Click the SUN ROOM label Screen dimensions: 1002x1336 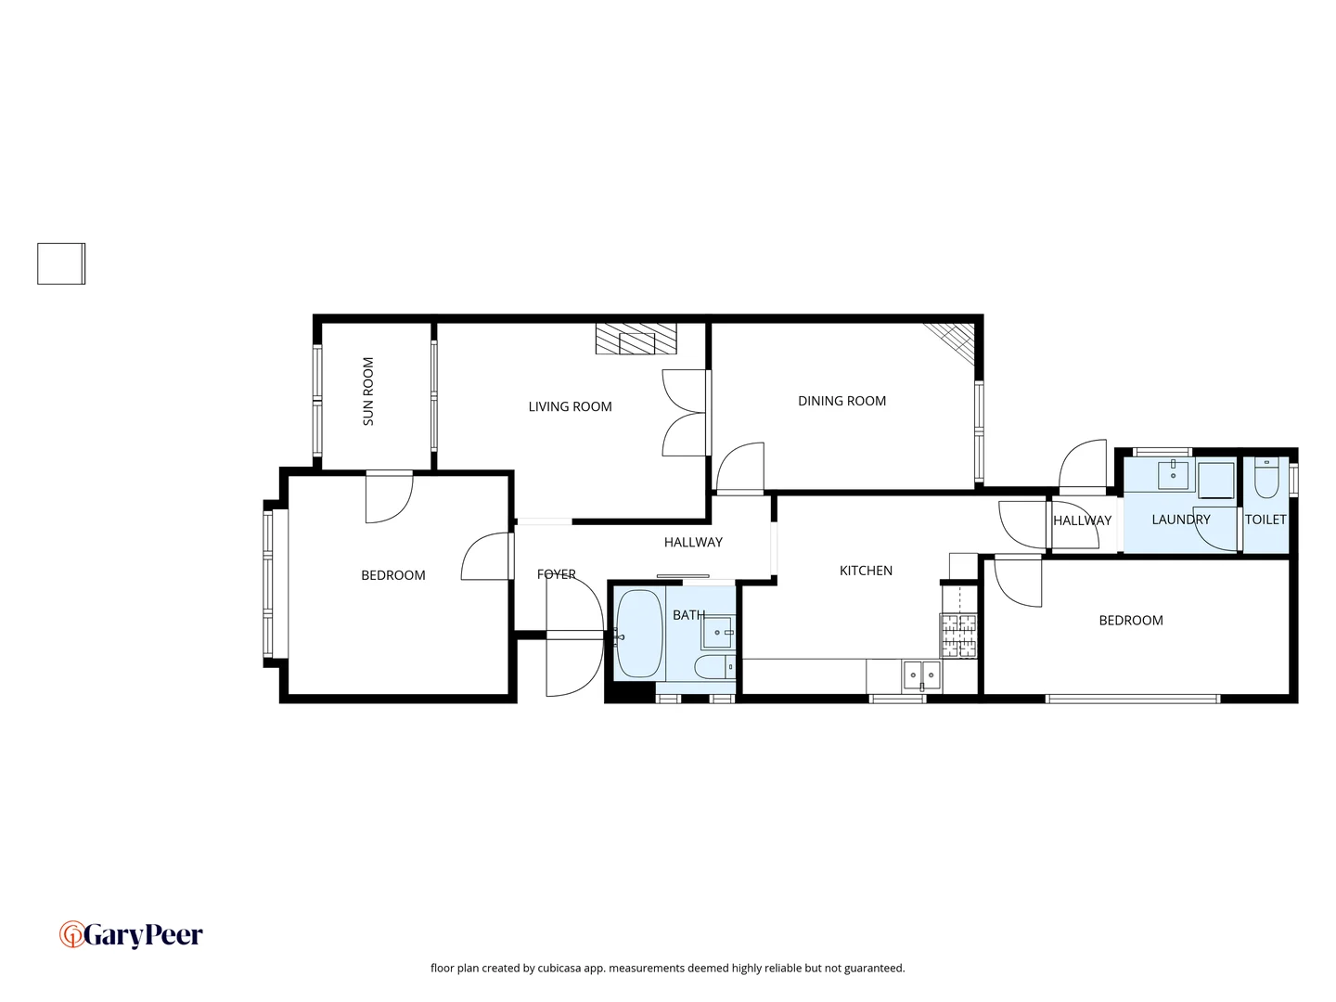click(368, 392)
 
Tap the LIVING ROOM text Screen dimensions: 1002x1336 click(570, 406)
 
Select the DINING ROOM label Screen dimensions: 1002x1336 click(841, 401)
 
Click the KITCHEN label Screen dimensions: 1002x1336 click(866, 571)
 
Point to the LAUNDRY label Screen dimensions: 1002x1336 click(1180, 520)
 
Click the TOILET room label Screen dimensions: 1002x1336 click(1265, 520)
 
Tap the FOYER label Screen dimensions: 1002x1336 click(557, 574)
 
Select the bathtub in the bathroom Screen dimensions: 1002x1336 click(639, 634)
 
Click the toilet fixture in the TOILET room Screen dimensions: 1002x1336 click(1266, 479)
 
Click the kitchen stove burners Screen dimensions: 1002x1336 click(959, 636)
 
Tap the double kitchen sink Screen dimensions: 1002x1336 click(922, 675)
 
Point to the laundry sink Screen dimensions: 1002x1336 click(1175, 474)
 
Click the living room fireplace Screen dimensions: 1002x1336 click(636, 339)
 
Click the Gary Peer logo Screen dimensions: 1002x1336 click(131, 934)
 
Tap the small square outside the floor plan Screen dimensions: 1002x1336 click(61, 263)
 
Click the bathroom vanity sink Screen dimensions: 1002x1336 click(717, 633)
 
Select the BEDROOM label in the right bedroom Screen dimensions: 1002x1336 click(1130, 621)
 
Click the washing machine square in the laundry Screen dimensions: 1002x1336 click(1215, 481)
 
